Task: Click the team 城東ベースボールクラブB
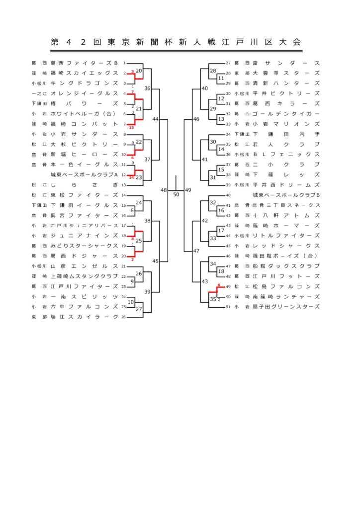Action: (286, 195)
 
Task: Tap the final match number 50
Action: (176, 194)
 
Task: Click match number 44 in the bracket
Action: (156, 119)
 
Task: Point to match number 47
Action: (196, 252)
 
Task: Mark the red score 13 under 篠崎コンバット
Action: (131, 128)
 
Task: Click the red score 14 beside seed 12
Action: (131, 177)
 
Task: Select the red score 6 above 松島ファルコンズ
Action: (219, 285)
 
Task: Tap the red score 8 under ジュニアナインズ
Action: (132, 239)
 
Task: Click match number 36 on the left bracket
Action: (147, 88)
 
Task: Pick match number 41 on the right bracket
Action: (204, 160)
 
